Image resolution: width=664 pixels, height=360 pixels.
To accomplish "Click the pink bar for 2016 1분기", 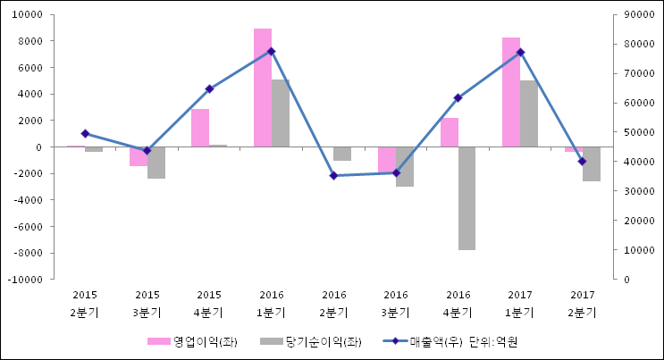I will (x=262, y=88).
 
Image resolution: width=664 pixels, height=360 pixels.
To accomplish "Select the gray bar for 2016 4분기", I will (x=467, y=198).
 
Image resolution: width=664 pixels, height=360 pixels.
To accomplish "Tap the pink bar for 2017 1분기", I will (x=510, y=92).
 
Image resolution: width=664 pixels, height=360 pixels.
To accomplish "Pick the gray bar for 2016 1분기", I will (x=281, y=113).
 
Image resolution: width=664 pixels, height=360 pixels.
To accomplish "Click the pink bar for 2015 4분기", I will (x=200, y=128).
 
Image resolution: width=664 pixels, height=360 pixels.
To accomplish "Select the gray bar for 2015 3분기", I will (x=156, y=163).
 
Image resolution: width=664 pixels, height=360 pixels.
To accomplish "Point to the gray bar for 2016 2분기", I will (x=342, y=154).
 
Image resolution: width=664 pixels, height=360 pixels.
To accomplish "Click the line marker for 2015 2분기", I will (x=85, y=133).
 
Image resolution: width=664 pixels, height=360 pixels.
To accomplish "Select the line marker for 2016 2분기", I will (x=333, y=176).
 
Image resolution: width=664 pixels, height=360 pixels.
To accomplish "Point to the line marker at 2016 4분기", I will (x=458, y=97).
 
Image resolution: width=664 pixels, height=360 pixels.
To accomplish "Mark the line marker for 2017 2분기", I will (x=582, y=162).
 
